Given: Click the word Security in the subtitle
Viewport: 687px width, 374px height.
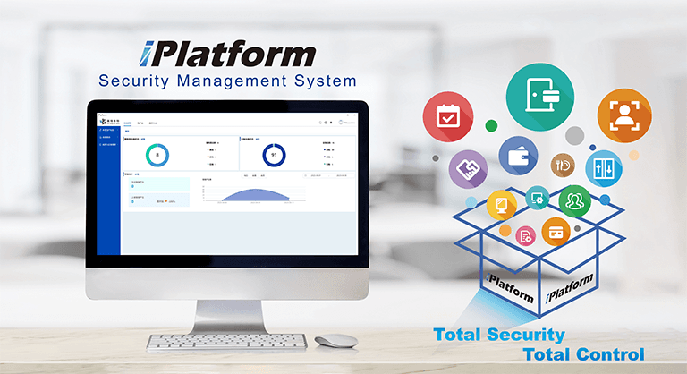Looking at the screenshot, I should (134, 81).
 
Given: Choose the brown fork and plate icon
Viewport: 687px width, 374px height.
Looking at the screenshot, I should (564, 163).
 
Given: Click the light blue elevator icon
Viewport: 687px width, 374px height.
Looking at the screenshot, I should (604, 167).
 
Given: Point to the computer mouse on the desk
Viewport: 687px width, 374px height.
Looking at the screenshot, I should (335, 341).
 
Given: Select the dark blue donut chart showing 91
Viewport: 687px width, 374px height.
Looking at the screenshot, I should (275, 155).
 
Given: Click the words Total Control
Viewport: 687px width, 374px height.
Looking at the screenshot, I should (590, 353).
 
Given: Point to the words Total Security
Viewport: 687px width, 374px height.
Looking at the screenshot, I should (499, 335).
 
